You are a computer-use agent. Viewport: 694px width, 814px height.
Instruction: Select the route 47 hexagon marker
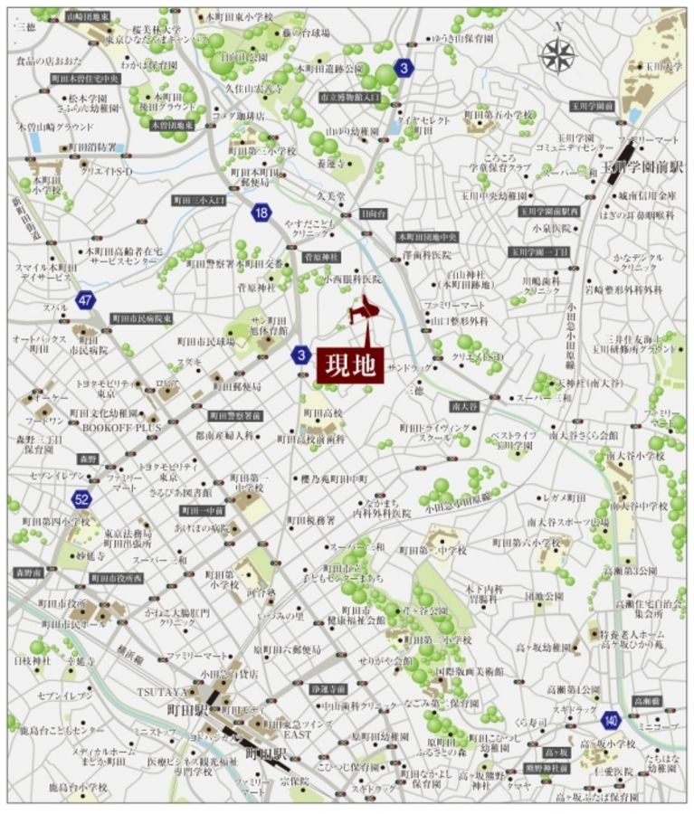click(85, 300)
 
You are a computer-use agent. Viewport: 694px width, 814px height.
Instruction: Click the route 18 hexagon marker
click(261, 213)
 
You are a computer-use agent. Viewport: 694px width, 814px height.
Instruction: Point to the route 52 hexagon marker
click(82, 498)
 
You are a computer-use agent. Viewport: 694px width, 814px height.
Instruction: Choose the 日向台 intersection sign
click(372, 213)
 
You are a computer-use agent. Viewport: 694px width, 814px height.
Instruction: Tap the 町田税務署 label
click(312, 520)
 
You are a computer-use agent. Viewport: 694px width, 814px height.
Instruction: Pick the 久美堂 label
click(332, 194)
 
